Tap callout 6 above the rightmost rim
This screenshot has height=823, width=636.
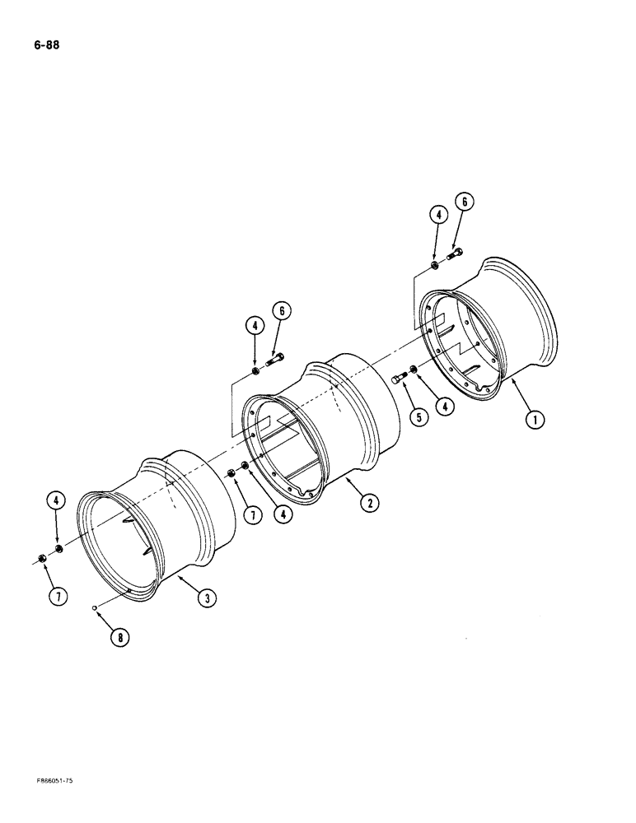(x=464, y=202)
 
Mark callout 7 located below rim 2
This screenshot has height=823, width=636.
(x=253, y=515)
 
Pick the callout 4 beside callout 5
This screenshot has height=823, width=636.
(x=446, y=407)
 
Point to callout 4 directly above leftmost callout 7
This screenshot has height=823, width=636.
(x=56, y=500)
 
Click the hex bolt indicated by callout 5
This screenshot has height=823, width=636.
(x=400, y=378)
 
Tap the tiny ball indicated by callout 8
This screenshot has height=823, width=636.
(x=96, y=608)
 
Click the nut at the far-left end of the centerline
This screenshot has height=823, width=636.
(x=41, y=560)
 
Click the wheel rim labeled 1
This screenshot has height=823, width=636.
(x=494, y=329)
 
